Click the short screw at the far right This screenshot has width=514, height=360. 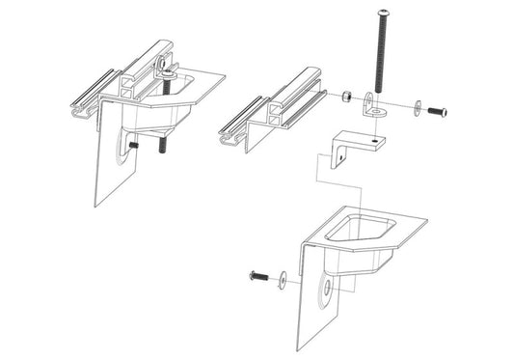click(437, 113)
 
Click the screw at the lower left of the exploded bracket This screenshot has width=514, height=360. click(257, 277)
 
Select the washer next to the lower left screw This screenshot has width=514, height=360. click(281, 279)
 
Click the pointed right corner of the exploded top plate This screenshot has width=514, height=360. click(425, 221)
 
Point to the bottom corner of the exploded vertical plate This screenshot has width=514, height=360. click(298, 349)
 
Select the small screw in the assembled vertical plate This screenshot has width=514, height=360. click(133, 146)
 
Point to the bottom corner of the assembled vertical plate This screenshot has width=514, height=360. click(95, 206)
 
